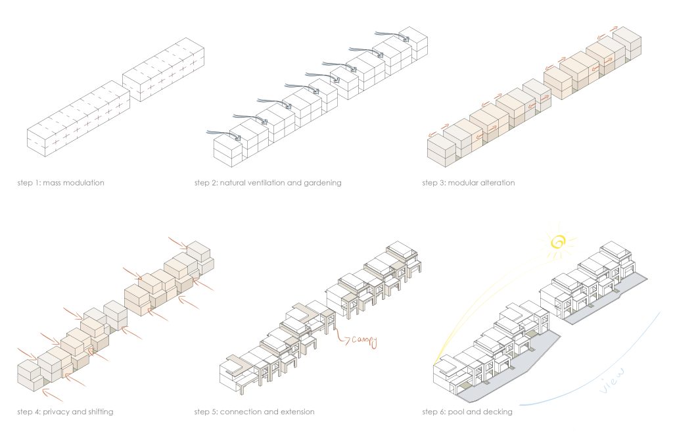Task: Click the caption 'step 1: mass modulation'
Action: (x=60, y=183)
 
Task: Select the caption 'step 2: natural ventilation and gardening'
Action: (x=267, y=183)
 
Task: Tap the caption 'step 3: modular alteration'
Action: (x=468, y=183)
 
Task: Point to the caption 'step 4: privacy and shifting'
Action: (x=65, y=412)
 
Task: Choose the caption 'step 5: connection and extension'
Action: (x=254, y=412)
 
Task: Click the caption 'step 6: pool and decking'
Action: (x=467, y=412)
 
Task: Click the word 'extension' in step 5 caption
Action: (x=298, y=412)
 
